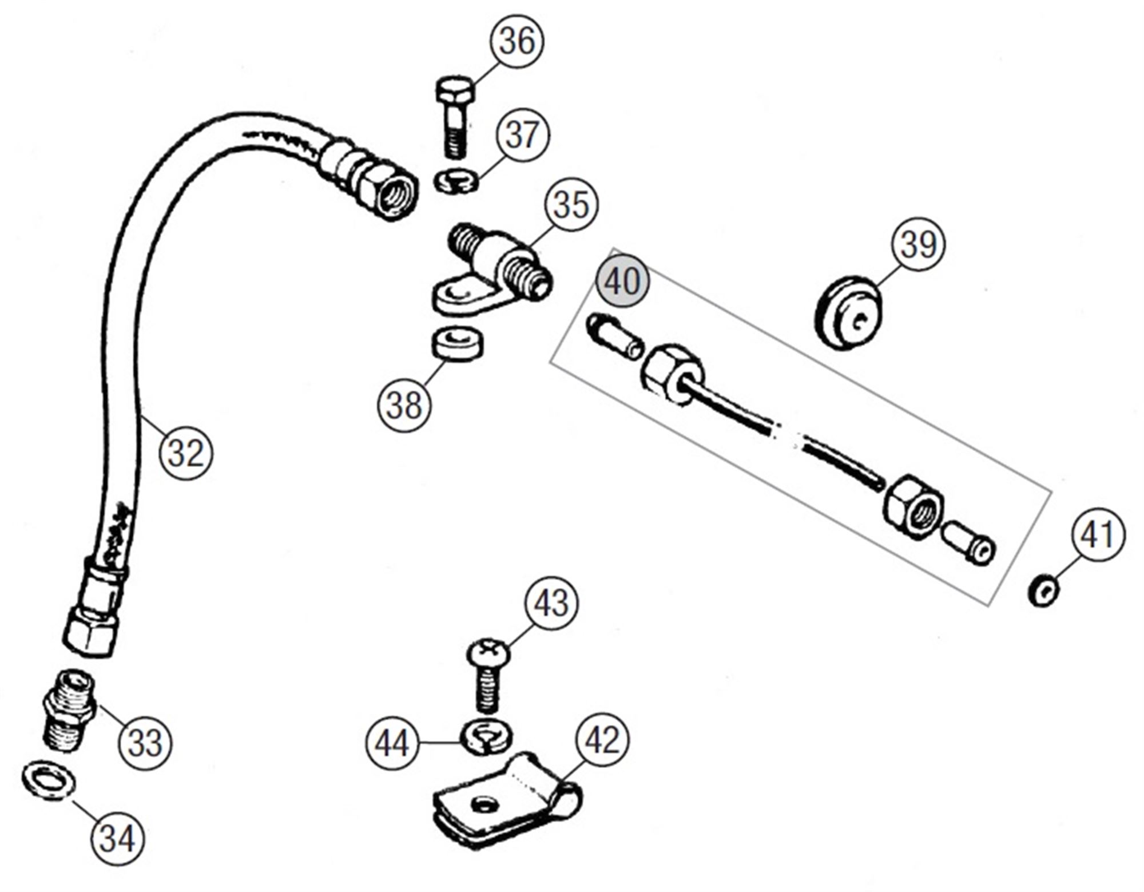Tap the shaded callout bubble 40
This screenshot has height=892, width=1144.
pos(622,281)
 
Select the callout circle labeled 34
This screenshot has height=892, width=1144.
pos(118,839)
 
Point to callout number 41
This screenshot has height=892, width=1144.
pos(1097,534)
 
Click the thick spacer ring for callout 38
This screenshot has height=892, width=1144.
pos(456,343)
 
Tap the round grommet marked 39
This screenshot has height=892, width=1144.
pos(848,313)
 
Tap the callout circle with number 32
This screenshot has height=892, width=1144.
pos(186,453)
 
